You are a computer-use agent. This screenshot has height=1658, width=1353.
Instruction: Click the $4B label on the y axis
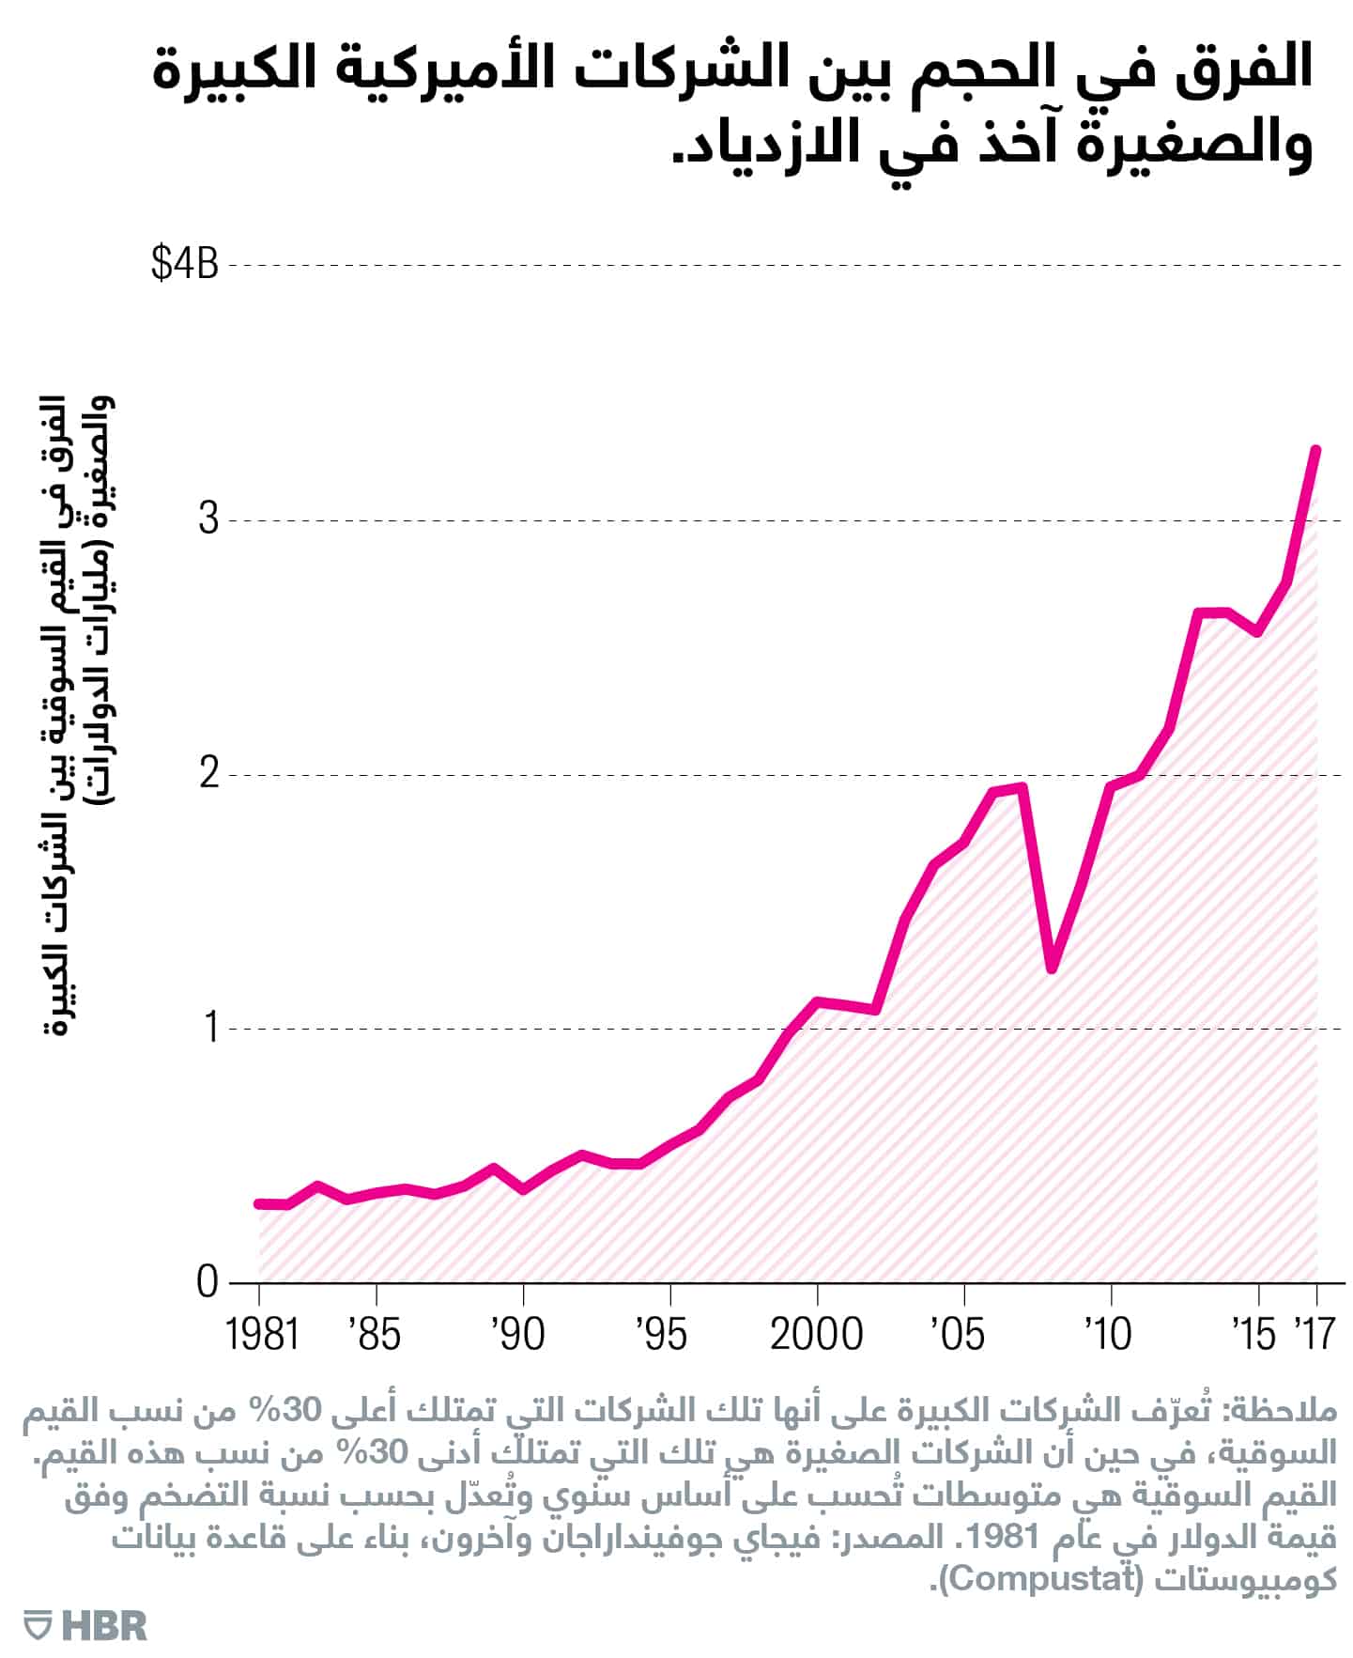[x=184, y=264]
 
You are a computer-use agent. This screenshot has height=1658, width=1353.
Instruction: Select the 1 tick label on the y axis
[x=210, y=1028]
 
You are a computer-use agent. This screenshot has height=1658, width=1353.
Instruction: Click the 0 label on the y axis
[x=208, y=1282]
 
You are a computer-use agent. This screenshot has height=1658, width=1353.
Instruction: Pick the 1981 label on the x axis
[x=262, y=1334]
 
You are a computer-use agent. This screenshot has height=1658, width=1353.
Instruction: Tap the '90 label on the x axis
[x=518, y=1334]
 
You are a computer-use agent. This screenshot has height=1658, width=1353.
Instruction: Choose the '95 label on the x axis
[x=662, y=1334]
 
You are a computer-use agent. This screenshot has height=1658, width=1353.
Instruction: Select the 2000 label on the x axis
[x=816, y=1334]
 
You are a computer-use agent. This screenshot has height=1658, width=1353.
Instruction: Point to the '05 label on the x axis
[x=959, y=1334]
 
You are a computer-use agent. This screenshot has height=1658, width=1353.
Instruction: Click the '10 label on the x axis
[x=1108, y=1334]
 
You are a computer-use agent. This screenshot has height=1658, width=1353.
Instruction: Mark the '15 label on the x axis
[x=1254, y=1334]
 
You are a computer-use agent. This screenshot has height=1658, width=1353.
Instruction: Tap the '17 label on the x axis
[x=1315, y=1334]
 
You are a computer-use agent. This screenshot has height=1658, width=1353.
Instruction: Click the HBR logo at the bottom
[x=86, y=1626]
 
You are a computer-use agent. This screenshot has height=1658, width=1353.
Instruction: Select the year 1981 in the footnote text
[x=997, y=1539]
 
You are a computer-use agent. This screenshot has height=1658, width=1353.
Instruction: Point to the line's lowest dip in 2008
[x=1052, y=968]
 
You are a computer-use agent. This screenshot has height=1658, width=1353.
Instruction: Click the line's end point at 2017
[x=1316, y=450]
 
